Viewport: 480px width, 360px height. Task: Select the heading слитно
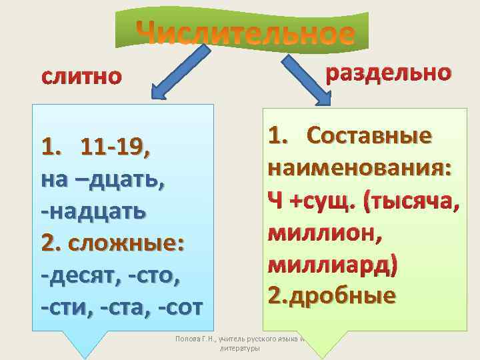click(82, 77)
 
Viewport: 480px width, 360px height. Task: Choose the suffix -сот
click(181, 308)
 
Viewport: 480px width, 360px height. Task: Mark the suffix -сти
click(67, 308)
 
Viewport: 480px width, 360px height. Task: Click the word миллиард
click(331, 264)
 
